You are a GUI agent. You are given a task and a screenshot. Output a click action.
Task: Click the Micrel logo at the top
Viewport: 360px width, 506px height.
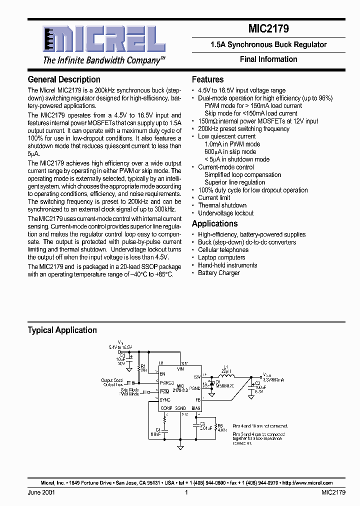(100, 40)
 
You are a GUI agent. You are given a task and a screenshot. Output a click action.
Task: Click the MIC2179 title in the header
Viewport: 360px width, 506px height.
(268, 29)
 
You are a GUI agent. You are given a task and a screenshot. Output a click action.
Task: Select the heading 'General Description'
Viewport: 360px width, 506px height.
(64, 79)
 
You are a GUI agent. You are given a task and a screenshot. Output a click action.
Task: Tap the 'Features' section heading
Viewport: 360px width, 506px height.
(208, 79)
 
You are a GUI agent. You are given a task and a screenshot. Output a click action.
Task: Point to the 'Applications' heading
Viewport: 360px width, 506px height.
(215, 223)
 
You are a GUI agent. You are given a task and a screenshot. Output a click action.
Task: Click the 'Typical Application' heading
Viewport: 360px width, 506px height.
(62, 330)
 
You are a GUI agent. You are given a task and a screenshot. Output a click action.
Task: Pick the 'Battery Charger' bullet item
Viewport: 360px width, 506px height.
(219, 273)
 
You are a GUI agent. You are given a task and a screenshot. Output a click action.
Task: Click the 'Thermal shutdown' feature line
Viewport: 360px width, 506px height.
(222, 205)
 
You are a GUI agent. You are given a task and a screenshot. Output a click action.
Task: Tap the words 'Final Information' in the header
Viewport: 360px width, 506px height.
(268, 59)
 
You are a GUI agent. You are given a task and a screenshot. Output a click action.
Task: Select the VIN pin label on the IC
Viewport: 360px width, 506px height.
(180, 368)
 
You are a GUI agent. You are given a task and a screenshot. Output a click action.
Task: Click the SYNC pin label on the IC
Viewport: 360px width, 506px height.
(165, 400)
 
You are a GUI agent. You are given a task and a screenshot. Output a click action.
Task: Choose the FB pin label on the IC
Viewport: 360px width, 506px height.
(197, 400)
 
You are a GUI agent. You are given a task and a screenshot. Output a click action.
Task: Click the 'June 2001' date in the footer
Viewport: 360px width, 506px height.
(41, 492)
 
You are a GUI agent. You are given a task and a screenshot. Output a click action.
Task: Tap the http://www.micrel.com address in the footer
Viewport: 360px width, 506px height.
(307, 483)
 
